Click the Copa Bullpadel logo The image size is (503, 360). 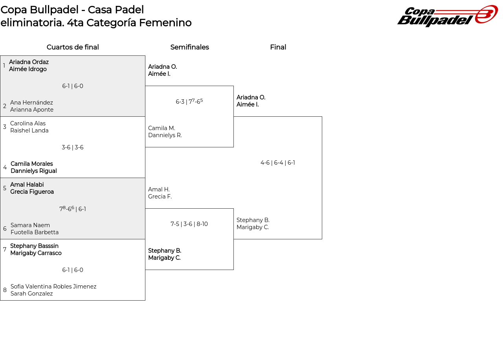point(447,16)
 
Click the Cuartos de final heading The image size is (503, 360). point(73,47)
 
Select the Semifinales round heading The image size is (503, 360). point(189,47)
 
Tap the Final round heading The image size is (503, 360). point(278,47)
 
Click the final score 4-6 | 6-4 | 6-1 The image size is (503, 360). point(277,163)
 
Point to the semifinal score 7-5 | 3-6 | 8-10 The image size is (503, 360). point(189,224)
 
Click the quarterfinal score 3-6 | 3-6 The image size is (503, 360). point(72,147)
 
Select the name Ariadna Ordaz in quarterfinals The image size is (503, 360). point(29,62)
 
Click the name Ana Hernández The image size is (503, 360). point(31,103)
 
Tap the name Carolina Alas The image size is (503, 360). point(28,123)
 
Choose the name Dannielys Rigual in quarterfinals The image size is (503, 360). point(33,171)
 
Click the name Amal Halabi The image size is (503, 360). point(27,185)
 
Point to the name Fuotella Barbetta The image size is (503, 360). point(35,232)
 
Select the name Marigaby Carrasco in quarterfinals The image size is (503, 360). point(36,253)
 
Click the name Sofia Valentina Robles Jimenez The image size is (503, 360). point(53,287)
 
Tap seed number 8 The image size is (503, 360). point(5,290)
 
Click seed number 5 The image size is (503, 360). point(5,188)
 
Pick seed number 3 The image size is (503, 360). point(5,127)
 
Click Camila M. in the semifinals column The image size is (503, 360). point(162,128)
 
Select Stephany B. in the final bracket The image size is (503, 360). point(253,220)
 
